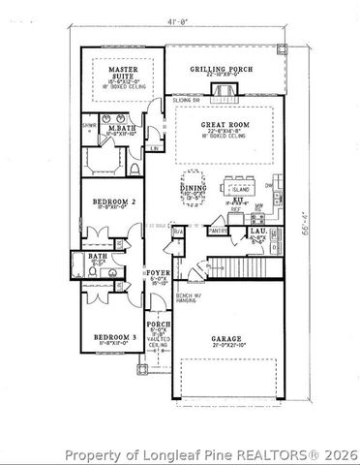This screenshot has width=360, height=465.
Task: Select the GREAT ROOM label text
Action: tap(224, 124)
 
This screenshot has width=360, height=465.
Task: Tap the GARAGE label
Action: tap(227, 340)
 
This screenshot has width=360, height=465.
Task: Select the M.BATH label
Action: tap(121, 129)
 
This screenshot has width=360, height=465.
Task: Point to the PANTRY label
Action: tap(219, 231)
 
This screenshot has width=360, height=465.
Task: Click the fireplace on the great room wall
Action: tap(224, 92)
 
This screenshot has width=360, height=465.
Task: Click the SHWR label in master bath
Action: tap(87, 125)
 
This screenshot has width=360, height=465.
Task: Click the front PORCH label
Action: tap(158, 325)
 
